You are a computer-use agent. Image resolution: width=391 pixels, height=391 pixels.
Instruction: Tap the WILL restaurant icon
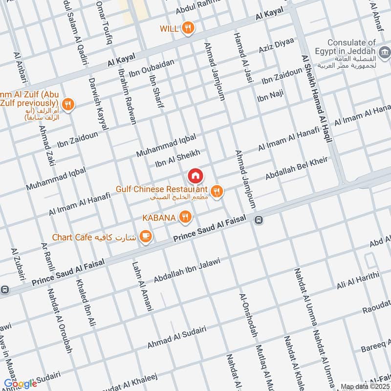tap(188, 28)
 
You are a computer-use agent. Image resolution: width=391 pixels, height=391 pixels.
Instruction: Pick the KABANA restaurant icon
tap(185, 217)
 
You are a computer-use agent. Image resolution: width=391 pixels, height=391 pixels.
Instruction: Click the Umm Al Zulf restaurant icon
tap(68, 104)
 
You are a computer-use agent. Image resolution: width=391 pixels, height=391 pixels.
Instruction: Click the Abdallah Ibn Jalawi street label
tap(187, 270)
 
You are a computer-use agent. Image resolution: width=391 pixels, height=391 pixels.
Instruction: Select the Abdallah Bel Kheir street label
tap(296, 169)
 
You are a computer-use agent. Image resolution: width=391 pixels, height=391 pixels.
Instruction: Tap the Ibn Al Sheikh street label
tap(177, 158)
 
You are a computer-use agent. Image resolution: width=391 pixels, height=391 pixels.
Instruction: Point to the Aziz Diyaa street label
tap(276, 47)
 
